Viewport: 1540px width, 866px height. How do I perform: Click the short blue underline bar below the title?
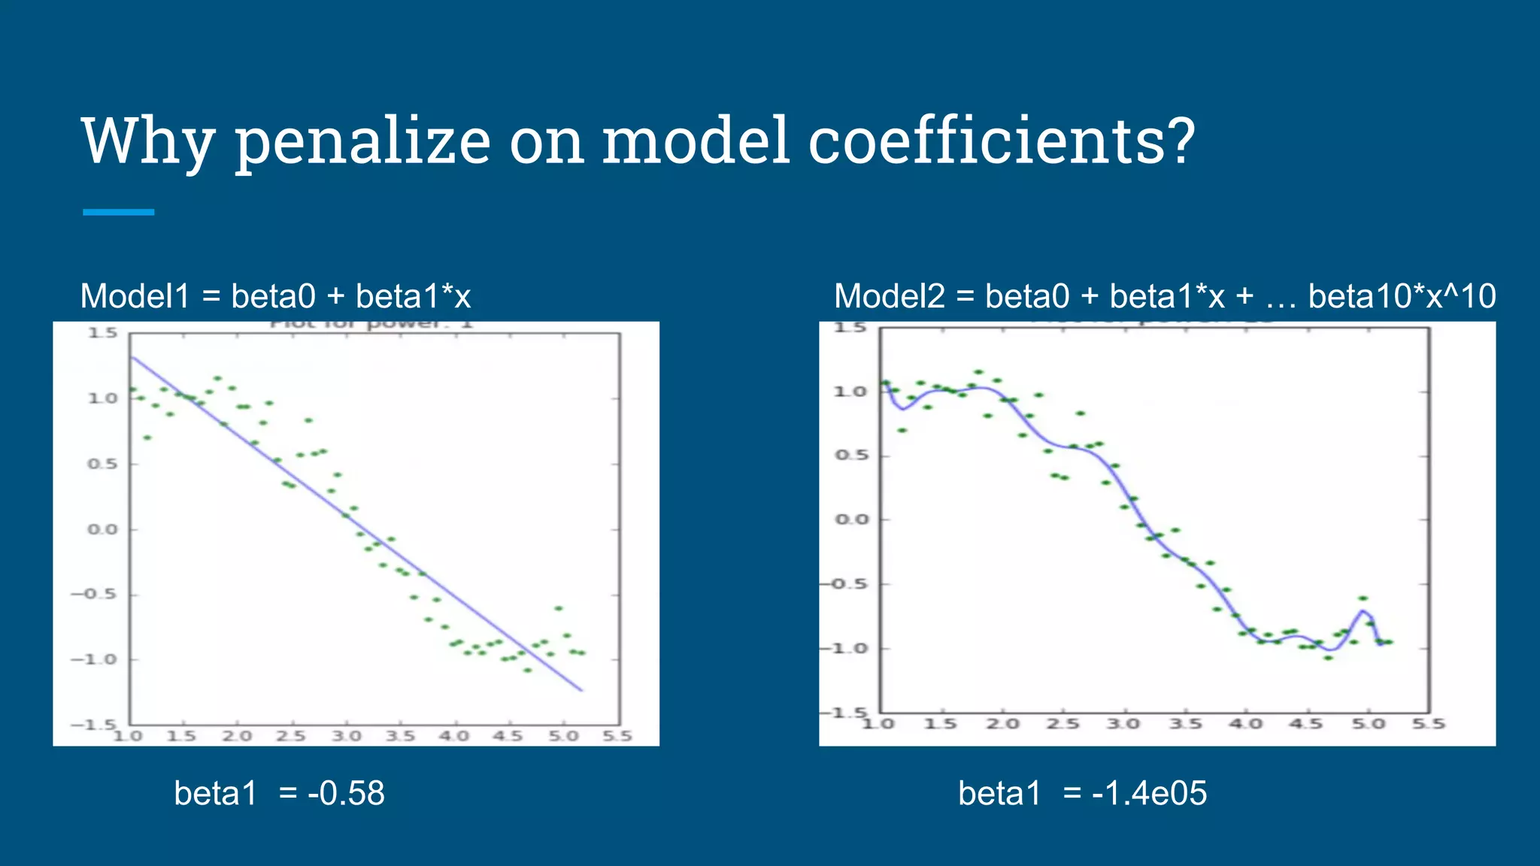[x=119, y=212]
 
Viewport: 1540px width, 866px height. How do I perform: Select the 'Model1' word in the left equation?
[x=135, y=296]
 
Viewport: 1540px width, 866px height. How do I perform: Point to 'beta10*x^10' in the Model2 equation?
[x=1402, y=296]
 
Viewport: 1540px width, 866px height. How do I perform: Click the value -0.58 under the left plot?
[x=346, y=793]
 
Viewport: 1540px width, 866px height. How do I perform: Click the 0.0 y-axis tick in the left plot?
[x=102, y=529]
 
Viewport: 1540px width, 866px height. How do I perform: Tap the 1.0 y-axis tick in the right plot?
[x=850, y=391]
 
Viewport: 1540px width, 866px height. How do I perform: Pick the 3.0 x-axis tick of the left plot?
[x=347, y=735]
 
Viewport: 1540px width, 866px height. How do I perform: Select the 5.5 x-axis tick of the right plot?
[x=1428, y=723]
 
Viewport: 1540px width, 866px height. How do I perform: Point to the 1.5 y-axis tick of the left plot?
[x=103, y=332]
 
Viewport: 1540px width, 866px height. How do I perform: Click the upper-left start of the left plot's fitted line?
[x=132, y=358]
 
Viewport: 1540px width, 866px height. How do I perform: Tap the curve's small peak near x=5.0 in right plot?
[x=1363, y=610]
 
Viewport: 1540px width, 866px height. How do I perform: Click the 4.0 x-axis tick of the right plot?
[x=1245, y=723]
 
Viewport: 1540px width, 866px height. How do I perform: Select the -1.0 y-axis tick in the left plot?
[x=94, y=659]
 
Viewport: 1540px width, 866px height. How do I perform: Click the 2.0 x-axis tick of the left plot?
[x=237, y=735]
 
